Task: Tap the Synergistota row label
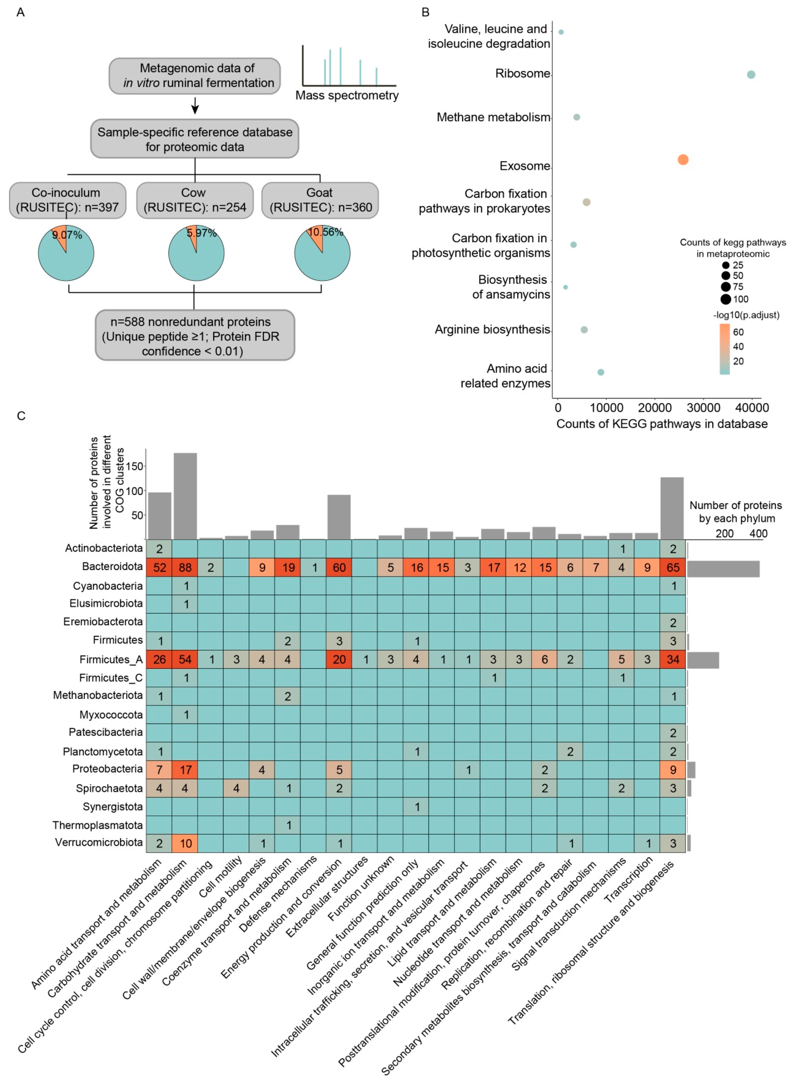(x=113, y=807)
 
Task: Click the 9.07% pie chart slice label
(x=67, y=235)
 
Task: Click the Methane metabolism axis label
(x=493, y=117)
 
